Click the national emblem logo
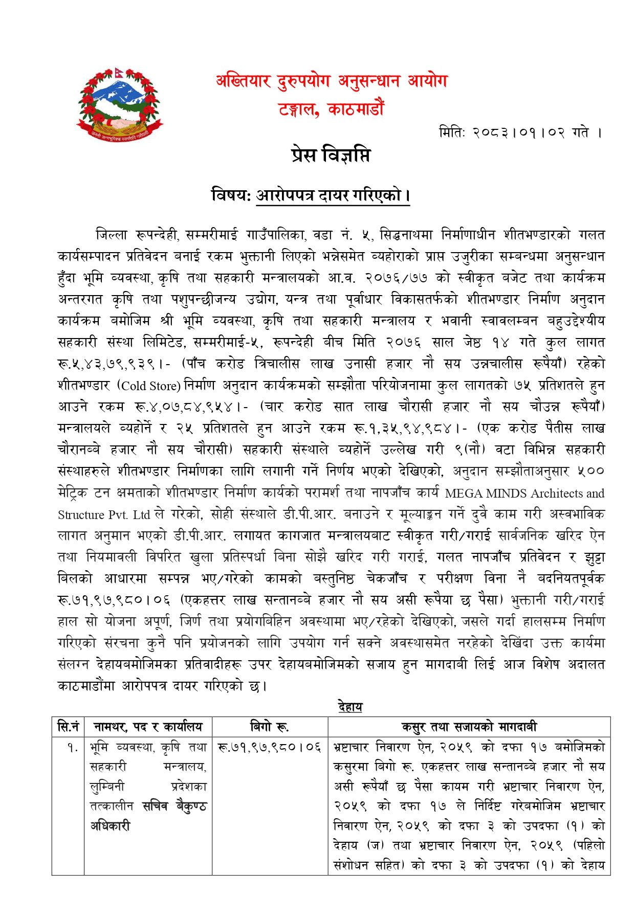pos(119,104)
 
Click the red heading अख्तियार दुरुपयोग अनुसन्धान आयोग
pos(332,81)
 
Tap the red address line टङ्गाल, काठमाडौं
pos(331,109)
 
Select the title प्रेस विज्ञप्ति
pos(331,155)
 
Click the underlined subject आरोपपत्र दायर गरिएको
pos(333,196)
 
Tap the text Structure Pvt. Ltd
pos(103,514)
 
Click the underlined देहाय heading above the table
pos(350,707)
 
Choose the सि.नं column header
pos(68,727)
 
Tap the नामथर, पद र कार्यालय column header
pos(148,727)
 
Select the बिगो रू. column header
pos(269,727)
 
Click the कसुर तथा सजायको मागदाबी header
pos(469,727)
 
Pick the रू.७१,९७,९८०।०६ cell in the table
pos(269,747)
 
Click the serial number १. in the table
pos(72,748)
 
